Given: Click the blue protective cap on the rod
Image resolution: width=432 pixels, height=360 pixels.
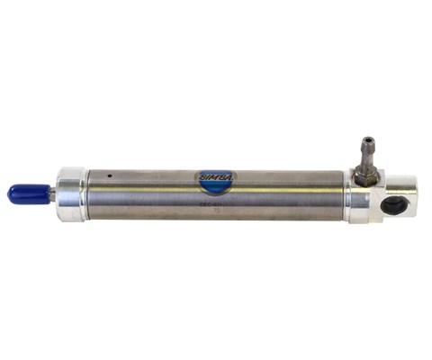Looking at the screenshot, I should (x=27, y=193).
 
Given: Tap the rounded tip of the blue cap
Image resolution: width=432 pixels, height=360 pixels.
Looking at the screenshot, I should (x=11, y=193).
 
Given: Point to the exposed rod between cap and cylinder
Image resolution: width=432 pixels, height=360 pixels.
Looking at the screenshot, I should (x=51, y=193).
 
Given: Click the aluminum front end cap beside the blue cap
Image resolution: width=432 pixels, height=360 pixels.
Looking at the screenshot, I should (x=71, y=193).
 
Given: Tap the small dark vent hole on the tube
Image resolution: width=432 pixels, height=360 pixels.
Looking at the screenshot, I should (x=108, y=175).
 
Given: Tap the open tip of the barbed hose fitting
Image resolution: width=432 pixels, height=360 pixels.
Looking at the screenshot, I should (x=366, y=140).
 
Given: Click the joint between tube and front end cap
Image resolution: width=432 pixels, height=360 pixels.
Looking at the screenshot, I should (x=88, y=193).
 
